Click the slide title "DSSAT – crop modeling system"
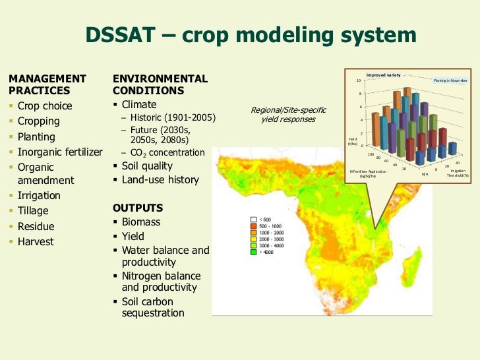click(251, 36)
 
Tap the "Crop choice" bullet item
click(45, 106)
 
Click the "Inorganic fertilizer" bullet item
click(60, 152)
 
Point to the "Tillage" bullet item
click(33, 211)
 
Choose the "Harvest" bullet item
click(36, 242)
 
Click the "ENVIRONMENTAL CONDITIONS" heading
click(160, 84)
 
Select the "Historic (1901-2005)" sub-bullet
click(173, 117)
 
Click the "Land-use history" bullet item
click(160, 180)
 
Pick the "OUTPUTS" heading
click(138, 208)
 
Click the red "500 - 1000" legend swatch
click(253, 227)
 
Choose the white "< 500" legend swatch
click(253, 220)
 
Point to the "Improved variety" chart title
click(383, 75)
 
